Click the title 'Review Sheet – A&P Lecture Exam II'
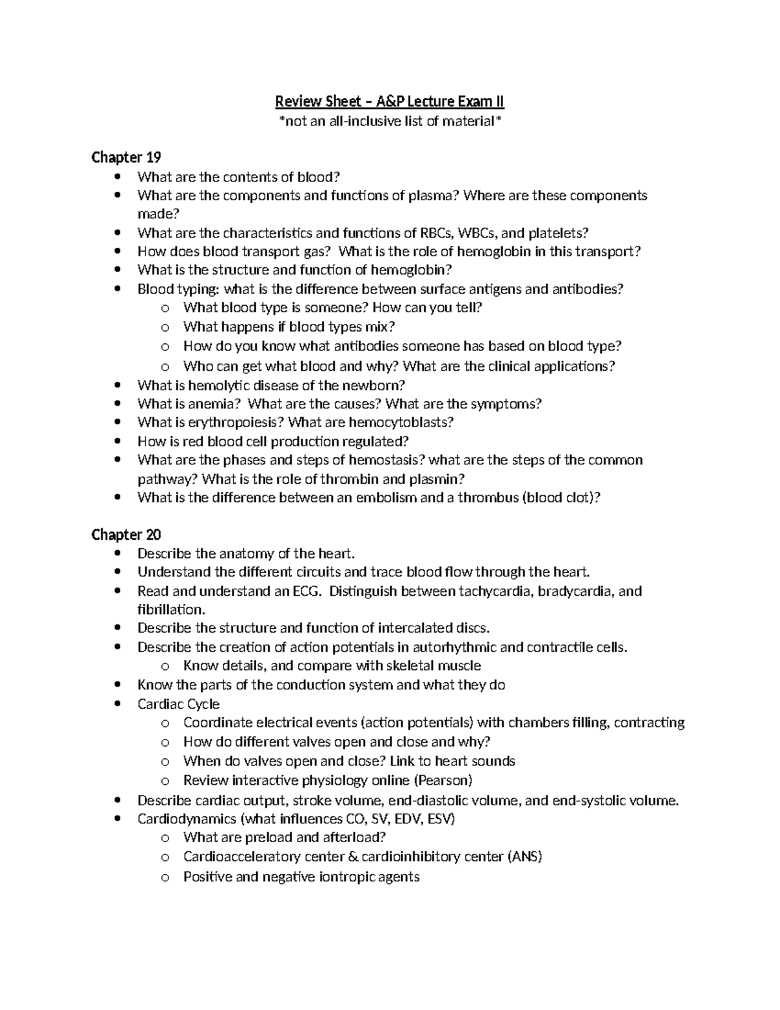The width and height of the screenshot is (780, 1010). [389, 101]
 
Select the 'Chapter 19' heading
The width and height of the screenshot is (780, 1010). [126, 157]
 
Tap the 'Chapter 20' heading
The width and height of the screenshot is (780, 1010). [126, 535]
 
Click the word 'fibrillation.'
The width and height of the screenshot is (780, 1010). [171, 610]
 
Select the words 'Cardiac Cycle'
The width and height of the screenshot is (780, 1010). [178, 704]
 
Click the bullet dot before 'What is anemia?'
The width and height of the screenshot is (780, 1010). [117, 405]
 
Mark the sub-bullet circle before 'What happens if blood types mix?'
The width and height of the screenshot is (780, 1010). [165, 328]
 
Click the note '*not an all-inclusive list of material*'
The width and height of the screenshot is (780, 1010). [389, 121]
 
